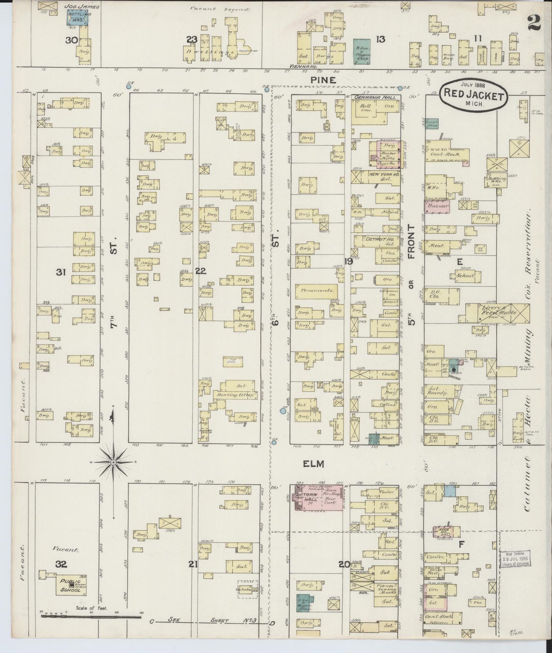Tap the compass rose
click(113, 462)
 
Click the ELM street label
click(313, 464)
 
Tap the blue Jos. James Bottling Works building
click(78, 18)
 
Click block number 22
click(201, 271)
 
